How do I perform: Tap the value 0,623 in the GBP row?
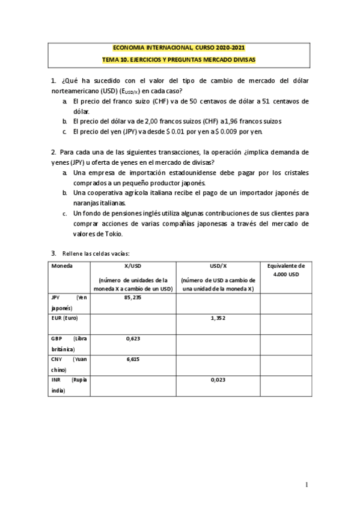[133, 339]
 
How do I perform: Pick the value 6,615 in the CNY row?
[133, 359]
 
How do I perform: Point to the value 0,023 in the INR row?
[218, 380]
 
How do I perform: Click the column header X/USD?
[133, 265]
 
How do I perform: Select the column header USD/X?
[218, 265]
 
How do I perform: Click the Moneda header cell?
[62, 265]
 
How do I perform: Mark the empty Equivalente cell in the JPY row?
[285, 303]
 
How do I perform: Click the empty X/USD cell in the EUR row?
[133, 323]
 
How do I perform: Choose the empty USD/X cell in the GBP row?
[218, 343]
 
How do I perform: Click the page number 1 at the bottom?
[307, 485]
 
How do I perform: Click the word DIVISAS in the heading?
[243, 60]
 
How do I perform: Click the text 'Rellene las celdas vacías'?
[96, 253]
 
